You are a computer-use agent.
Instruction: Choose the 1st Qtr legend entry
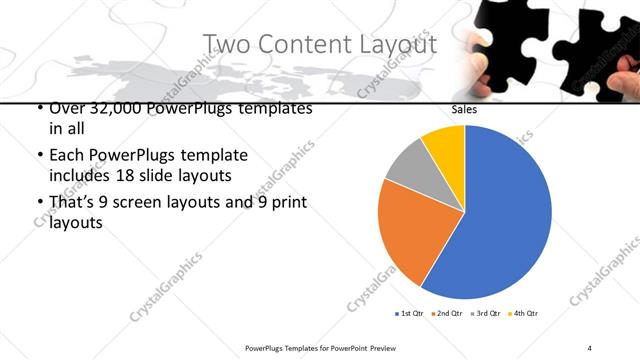(x=410, y=314)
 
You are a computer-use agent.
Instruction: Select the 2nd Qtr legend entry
(x=447, y=314)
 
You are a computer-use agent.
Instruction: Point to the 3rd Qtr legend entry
(x=484, y=314)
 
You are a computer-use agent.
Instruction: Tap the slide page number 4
(x=590, y=347)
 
